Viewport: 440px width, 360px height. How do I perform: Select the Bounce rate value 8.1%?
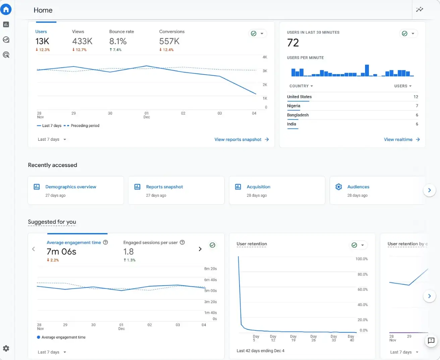(118, 41)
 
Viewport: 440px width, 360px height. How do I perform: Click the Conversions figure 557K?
(169, 41)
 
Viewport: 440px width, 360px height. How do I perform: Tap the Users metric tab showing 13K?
(42, 41)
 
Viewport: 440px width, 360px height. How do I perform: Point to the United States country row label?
(299, 97)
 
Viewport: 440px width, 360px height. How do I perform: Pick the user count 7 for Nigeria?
(417, 106)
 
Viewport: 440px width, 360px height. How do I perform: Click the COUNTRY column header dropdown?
(301, 86)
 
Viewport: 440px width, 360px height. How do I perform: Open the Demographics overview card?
(71, 187)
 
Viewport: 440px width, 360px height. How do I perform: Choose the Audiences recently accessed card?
(358, 187)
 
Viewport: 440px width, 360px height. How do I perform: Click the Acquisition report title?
(258, 187)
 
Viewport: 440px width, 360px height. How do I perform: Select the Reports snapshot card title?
(164, 187)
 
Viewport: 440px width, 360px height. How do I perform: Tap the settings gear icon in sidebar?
(6, 349)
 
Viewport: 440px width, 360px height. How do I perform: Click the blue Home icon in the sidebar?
(6, 9)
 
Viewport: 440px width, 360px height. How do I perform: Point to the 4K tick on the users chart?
(265, 57)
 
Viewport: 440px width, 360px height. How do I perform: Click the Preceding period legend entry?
(85, 126)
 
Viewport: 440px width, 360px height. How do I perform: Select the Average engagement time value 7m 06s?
(61, 252)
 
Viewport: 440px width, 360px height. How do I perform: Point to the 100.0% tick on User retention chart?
(361, 259)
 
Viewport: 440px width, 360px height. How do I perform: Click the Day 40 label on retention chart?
(351, 338)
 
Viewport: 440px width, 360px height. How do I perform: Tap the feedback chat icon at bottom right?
(431, 341)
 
